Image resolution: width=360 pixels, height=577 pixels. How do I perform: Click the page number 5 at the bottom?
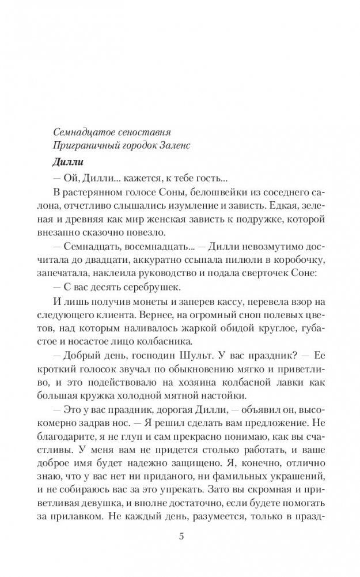tap(181, 537)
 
